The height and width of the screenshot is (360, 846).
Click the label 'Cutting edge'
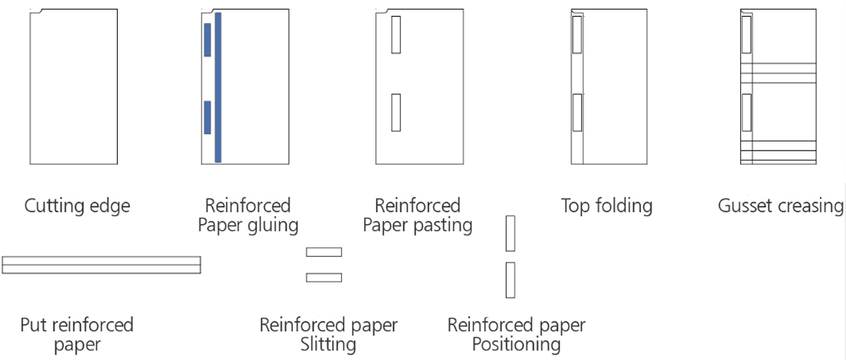77,206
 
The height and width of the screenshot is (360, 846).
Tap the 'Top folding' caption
606,206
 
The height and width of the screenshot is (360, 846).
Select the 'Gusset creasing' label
780,206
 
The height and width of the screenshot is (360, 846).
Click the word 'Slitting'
327,345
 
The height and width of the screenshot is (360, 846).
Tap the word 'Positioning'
515,345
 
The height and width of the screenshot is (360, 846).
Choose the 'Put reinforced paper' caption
77,334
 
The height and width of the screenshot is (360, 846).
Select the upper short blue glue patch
207,40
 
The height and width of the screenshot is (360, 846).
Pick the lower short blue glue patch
207,117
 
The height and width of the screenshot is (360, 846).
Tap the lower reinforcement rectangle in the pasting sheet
395,112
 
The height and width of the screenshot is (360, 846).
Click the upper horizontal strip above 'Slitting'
324,252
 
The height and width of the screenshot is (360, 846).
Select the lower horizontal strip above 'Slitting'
324,278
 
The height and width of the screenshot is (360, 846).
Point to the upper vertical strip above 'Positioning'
510,233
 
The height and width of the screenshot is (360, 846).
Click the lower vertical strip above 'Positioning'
510,280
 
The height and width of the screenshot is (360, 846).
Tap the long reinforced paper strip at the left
101,265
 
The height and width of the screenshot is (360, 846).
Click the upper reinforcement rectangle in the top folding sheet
577,35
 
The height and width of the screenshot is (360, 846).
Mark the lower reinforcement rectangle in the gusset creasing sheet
747,112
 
